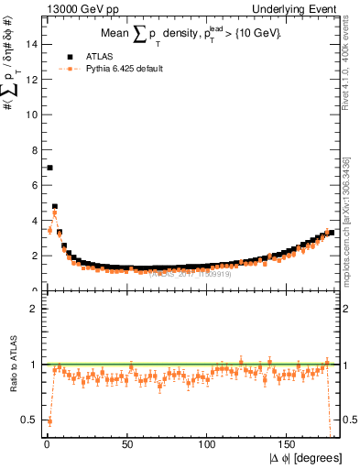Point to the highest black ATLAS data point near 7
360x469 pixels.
(49, 168)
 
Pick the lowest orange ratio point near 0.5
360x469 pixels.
(49, 421)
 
